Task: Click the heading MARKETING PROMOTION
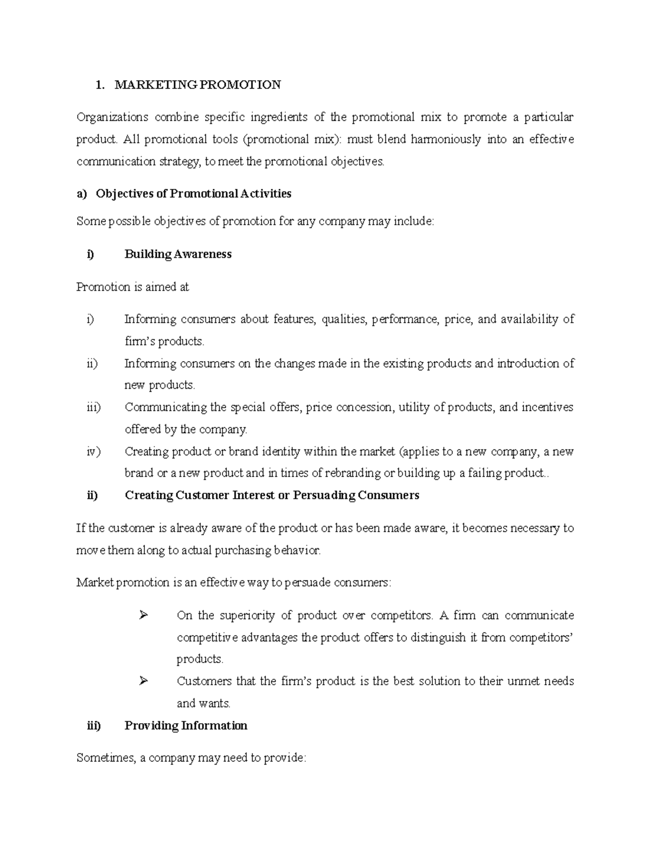click(x=198, y=85)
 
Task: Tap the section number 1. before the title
click(x=99, y=85)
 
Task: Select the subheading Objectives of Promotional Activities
click(x=194, y=194)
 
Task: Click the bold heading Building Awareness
click(x=178, y=254)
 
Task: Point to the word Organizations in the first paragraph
click(x=112, y=117)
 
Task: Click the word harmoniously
click(x=445, y=139)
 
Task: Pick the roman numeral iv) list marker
click(x=93, y=451)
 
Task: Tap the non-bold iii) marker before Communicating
click(x=93, y=407)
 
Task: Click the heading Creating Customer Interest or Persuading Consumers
click(x=272, y=495)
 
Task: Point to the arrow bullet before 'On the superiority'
click(x=143, y=615)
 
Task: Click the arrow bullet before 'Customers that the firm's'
click(x=143, y=680)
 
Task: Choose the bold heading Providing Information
click(x=186, y=725)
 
